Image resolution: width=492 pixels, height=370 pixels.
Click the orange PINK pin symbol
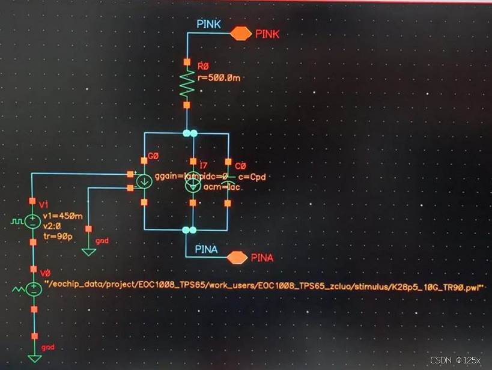pyautogui.click(x=241, y=34)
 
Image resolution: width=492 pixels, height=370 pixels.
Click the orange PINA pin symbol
pyautogui.click(x=237, y=258)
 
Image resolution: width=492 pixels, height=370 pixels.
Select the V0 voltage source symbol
pyautogui.click(x=34, y=289)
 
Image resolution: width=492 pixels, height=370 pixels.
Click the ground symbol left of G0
pyautogui.click(x=89, y=250)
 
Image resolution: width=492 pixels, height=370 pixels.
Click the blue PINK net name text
pyautogui.click(x=209, y=24)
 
